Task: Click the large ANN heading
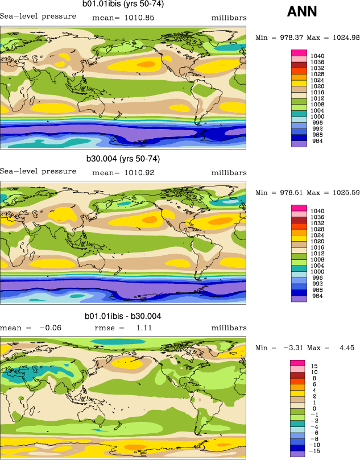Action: click(x=303, y=11)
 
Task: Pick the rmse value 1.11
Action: click(x=141, y=328)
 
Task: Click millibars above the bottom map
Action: click(x=229, y=328)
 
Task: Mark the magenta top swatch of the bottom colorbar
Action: click(x=299, y=363)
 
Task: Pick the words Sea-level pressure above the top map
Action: click(x=38, y=16)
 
